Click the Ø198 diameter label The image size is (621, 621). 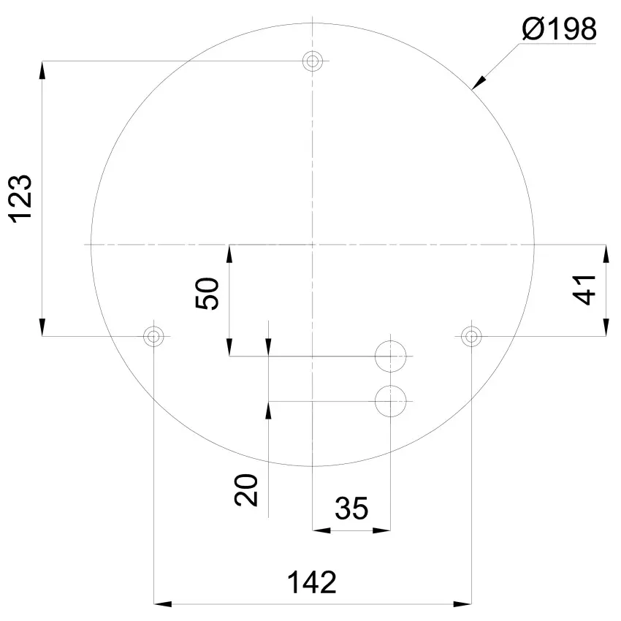[560, 30]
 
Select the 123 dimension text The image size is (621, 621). [21, 198]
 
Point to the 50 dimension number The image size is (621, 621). [208, 294]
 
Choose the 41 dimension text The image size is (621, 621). [585, 289]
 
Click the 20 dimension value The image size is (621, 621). [247, 490]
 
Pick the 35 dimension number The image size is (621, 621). [351, 508]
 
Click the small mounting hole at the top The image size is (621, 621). [313, 61]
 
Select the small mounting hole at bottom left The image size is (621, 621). [153, 336]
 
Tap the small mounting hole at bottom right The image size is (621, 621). [472, 336]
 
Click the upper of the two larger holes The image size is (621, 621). [390, 356]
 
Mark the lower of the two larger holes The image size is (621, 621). [390, 400]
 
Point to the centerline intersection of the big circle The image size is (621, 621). [313, 243]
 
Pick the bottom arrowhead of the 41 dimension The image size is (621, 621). [605, 328]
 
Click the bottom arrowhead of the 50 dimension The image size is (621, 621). [229, 348]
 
